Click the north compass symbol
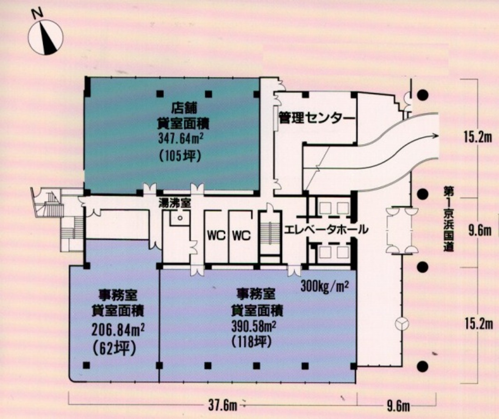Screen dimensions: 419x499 [x=45, y=37]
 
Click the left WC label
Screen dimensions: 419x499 [x=216, y=236]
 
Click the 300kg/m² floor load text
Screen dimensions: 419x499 [x=324, y=287]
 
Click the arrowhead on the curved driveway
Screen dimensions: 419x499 [x=435, y=135]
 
